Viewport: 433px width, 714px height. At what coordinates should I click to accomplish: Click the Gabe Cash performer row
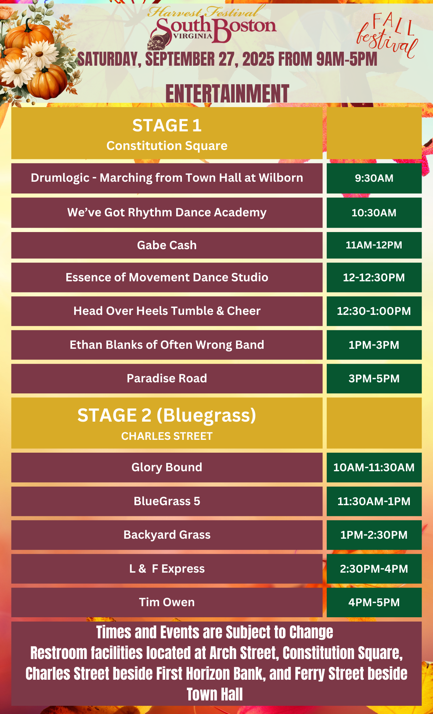(167, 245)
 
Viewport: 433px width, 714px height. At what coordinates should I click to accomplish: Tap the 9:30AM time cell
(374, 178)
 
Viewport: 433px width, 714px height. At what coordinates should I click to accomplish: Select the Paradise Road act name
(167, 378)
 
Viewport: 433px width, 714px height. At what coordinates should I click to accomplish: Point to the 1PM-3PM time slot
(374, 345)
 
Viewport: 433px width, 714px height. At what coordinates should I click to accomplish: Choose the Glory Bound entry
(167, 467)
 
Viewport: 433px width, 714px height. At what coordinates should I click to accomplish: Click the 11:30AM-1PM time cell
(374, 501)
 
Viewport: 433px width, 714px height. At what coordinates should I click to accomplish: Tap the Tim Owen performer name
(167, 602)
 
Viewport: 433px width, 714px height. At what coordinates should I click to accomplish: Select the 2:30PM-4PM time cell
(374, 569)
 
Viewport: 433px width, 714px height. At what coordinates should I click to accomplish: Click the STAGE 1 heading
(167, 126)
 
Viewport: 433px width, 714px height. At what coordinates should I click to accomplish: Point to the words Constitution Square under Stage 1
(167, 146)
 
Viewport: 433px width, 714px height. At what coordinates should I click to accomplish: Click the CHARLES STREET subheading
(167, 436)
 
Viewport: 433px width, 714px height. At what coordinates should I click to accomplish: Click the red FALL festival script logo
(388, 35)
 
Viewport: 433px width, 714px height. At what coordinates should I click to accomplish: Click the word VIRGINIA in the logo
(193, 36)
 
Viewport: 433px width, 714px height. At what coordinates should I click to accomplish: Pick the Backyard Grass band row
(167, 535)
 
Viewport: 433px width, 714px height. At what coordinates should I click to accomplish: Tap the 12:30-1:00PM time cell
(374, 311)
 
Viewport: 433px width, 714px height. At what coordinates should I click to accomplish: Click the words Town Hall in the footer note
(215, 695)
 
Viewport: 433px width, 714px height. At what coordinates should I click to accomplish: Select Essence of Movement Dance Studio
(167, 277)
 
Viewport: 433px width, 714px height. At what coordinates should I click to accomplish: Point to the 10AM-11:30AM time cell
(374, 467)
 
